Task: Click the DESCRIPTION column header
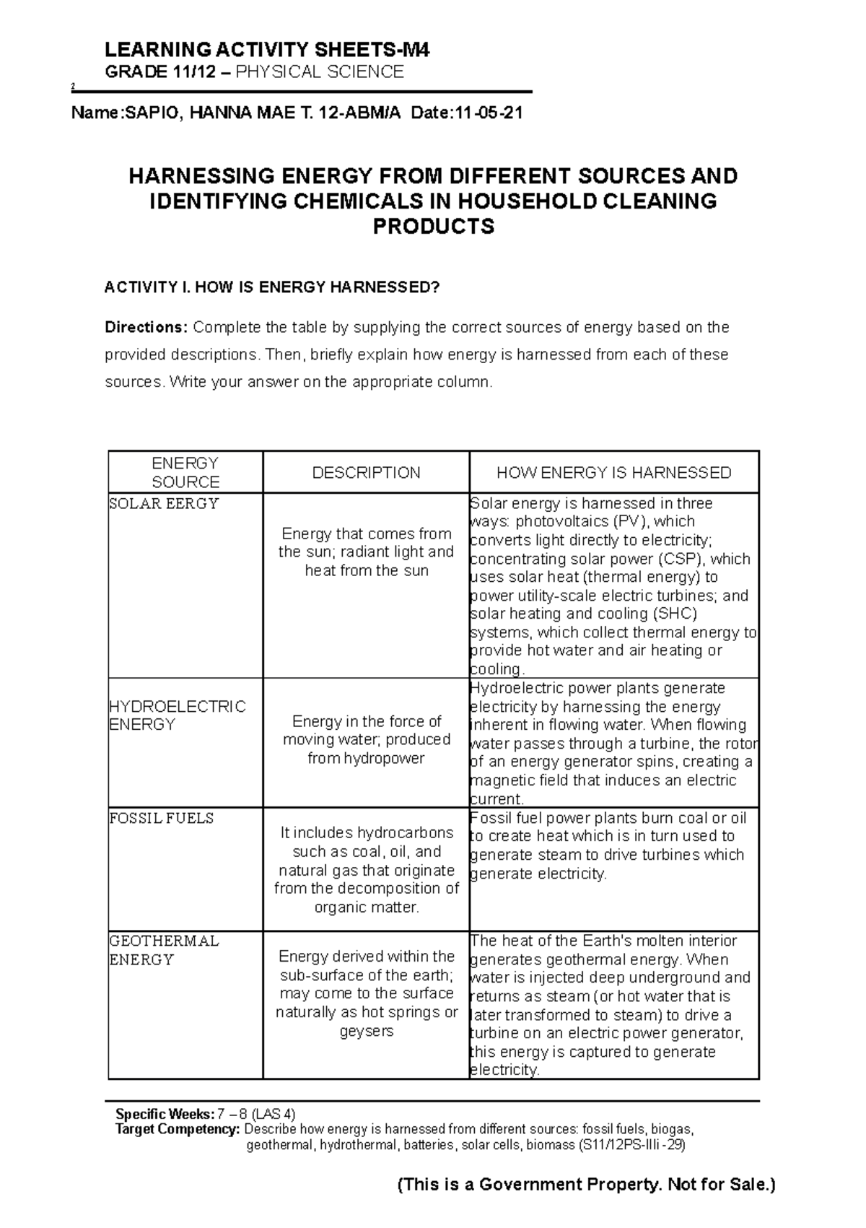pyautogui.click(x=366, y=473)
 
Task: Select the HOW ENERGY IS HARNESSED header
pyautogui.click(x=613, y=473)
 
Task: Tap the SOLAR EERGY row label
pyautogui.click(x=164, y=504)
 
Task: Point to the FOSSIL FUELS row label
pyautogui.click(x=161, y=818)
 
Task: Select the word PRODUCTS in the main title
pyautogui.click(x=433, y=227)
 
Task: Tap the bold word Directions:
pyautogui.click(x=146, y=327)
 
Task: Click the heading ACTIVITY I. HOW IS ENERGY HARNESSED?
pyautogui.click(x=271, y=287)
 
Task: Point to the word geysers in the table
pyautogui.click(x=367, y=1031)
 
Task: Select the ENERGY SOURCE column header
pyautogui.click(x=185, y=472)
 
